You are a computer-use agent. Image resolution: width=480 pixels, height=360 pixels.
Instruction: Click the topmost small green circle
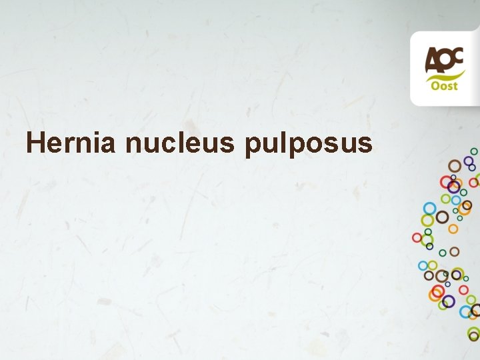474,151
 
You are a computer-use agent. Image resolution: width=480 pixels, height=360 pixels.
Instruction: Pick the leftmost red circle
417,237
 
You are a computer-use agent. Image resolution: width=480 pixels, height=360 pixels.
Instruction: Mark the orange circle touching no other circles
453,229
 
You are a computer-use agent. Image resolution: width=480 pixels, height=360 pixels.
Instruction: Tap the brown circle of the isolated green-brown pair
455,251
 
